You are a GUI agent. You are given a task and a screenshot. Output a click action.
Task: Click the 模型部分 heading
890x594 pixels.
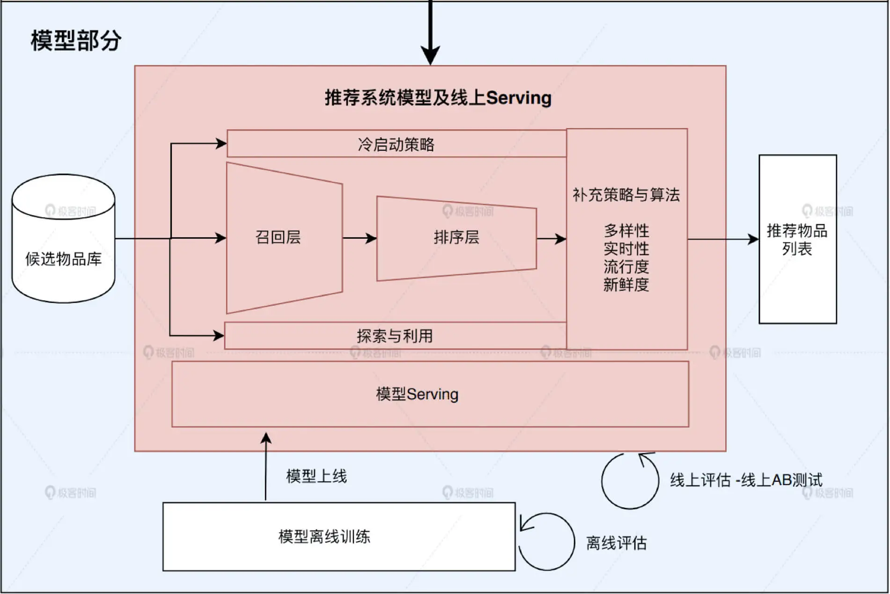coord(76,40)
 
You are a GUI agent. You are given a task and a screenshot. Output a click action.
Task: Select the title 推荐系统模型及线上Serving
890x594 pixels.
coord(438,98)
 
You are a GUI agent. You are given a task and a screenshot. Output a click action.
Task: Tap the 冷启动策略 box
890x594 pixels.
coord(397,144)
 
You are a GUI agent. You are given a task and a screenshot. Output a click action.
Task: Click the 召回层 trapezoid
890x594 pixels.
coord(284,238)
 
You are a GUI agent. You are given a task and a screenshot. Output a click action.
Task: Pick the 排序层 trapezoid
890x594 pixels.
coord(456,238)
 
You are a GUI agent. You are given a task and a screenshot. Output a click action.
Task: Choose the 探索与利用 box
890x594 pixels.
coord(395,336)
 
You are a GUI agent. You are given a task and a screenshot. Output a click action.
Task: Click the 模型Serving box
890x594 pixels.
coord(430,394)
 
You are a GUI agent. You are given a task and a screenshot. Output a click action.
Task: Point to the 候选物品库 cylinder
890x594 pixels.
coord(63,239)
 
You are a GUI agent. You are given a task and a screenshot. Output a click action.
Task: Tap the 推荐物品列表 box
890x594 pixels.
coord(798,239)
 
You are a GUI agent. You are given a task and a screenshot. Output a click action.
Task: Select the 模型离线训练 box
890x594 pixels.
coord(339,536)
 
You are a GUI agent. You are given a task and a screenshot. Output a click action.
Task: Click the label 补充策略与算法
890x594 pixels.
coord(626,195)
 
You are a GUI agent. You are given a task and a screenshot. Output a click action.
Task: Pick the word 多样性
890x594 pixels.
coord(626,231)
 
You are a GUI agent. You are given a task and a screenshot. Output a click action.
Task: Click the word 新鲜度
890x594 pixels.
coord(626,285)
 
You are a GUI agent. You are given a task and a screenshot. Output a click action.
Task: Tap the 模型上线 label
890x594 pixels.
coord(316,477)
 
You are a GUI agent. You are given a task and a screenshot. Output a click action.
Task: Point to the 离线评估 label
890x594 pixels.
coord(616,543)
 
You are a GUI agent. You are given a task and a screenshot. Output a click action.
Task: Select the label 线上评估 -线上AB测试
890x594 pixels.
coord(746,480)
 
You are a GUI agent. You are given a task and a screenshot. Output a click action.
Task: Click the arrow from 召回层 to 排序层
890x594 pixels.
coord(360,238)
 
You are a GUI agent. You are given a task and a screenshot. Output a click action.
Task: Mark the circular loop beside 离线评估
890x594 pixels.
coord(546,542)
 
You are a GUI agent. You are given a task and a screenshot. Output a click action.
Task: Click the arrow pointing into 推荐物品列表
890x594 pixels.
coord(723,239)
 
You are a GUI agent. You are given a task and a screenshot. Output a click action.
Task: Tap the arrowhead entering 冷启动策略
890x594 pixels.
coord(221,143)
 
